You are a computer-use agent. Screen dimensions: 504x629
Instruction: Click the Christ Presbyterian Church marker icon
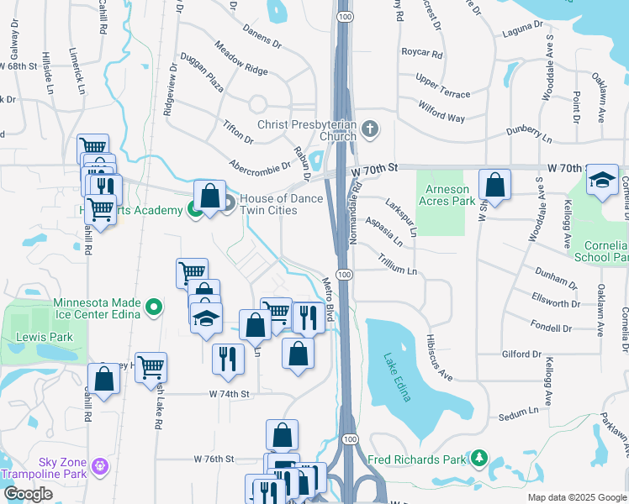(371, 130)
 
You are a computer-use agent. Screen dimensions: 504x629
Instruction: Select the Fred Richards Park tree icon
(478, 458)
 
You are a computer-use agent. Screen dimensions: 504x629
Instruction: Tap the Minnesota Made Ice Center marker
(154, 309)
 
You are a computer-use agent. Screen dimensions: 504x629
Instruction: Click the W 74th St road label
(230, 394)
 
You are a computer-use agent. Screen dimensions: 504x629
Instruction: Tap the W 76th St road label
(213, 459)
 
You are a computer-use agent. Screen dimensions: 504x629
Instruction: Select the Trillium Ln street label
(397, 265)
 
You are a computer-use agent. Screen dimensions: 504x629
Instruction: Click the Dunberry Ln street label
(529, 134)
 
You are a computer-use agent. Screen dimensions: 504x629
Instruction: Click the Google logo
(29, 494)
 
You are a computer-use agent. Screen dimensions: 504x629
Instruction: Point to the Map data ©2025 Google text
(576, 497)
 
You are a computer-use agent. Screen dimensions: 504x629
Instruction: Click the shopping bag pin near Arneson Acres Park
(495, 186)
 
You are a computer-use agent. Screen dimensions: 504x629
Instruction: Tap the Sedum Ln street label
(517, 413)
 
